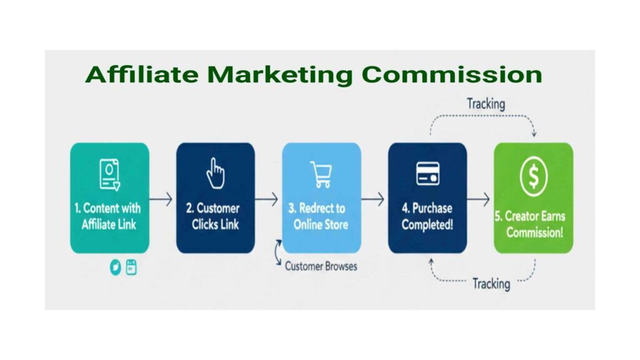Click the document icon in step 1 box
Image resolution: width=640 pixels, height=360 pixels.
110,174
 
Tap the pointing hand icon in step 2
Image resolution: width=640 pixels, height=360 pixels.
216,172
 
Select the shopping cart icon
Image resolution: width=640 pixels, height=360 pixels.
321,174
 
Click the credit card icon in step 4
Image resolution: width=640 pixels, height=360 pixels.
427,173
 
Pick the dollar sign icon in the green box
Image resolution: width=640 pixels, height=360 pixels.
533,177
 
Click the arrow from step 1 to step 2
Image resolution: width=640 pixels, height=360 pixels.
161,199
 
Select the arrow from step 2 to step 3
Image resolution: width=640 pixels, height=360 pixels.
267,199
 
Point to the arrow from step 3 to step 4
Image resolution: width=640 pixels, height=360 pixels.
373,199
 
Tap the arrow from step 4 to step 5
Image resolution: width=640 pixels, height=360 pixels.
479,199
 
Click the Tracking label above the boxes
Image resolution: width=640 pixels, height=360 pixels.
486,104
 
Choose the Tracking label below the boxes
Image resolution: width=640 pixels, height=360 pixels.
491,284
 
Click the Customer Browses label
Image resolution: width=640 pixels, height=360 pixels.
321,266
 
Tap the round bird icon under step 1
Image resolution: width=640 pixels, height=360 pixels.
116,267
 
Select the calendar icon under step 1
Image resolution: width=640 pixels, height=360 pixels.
131,267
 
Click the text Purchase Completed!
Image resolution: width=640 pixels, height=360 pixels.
427,216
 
